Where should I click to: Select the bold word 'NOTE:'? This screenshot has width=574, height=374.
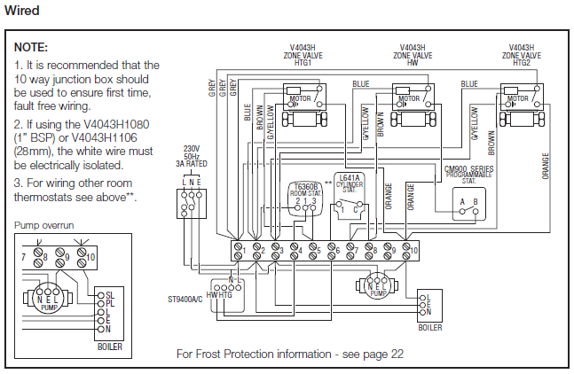[31, 47]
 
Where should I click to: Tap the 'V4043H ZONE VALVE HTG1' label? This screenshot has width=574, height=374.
[305, 54]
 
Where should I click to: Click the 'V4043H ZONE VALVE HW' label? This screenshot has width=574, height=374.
[412, 54]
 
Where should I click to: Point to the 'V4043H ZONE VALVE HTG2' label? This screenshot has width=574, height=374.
[521, 54]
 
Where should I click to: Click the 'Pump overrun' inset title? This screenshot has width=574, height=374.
[44, 226]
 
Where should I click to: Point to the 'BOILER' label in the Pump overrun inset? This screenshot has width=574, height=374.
[110, 347]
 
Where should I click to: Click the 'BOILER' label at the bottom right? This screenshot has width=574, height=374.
[430, 327]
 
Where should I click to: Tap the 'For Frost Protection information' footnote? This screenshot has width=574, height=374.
[290, 353]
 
